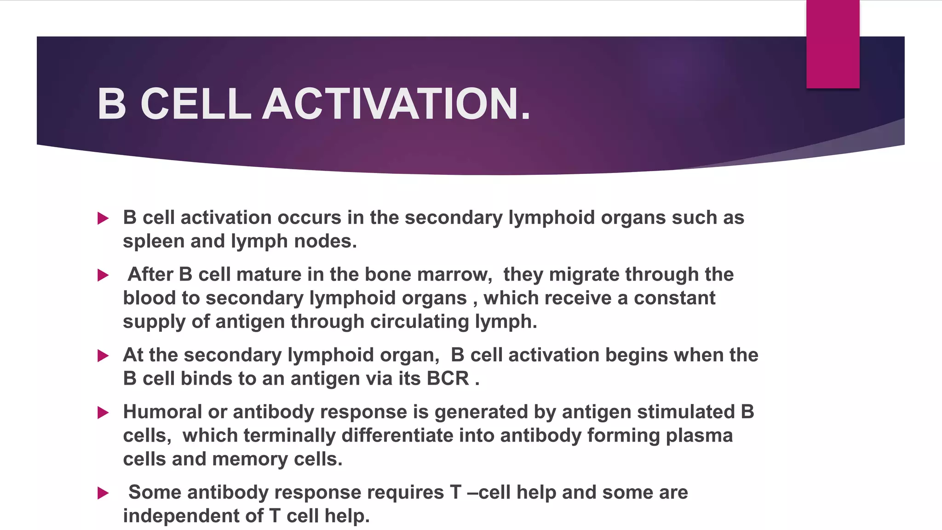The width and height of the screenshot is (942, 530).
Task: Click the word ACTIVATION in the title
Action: tap(396, 104)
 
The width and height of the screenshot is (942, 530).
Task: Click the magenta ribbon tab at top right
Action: tap(833, 44)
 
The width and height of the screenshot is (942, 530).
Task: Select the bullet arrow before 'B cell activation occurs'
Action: tap(103, 218)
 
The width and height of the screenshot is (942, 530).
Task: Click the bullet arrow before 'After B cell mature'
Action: tap(103, 275)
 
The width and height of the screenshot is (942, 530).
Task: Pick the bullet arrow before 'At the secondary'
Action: tap(103, 356)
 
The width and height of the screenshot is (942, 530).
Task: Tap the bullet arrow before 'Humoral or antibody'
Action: tap(103, 413)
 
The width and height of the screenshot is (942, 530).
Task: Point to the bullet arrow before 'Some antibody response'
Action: tap(103, 493)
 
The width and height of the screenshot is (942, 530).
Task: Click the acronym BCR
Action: tap(448, 379)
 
